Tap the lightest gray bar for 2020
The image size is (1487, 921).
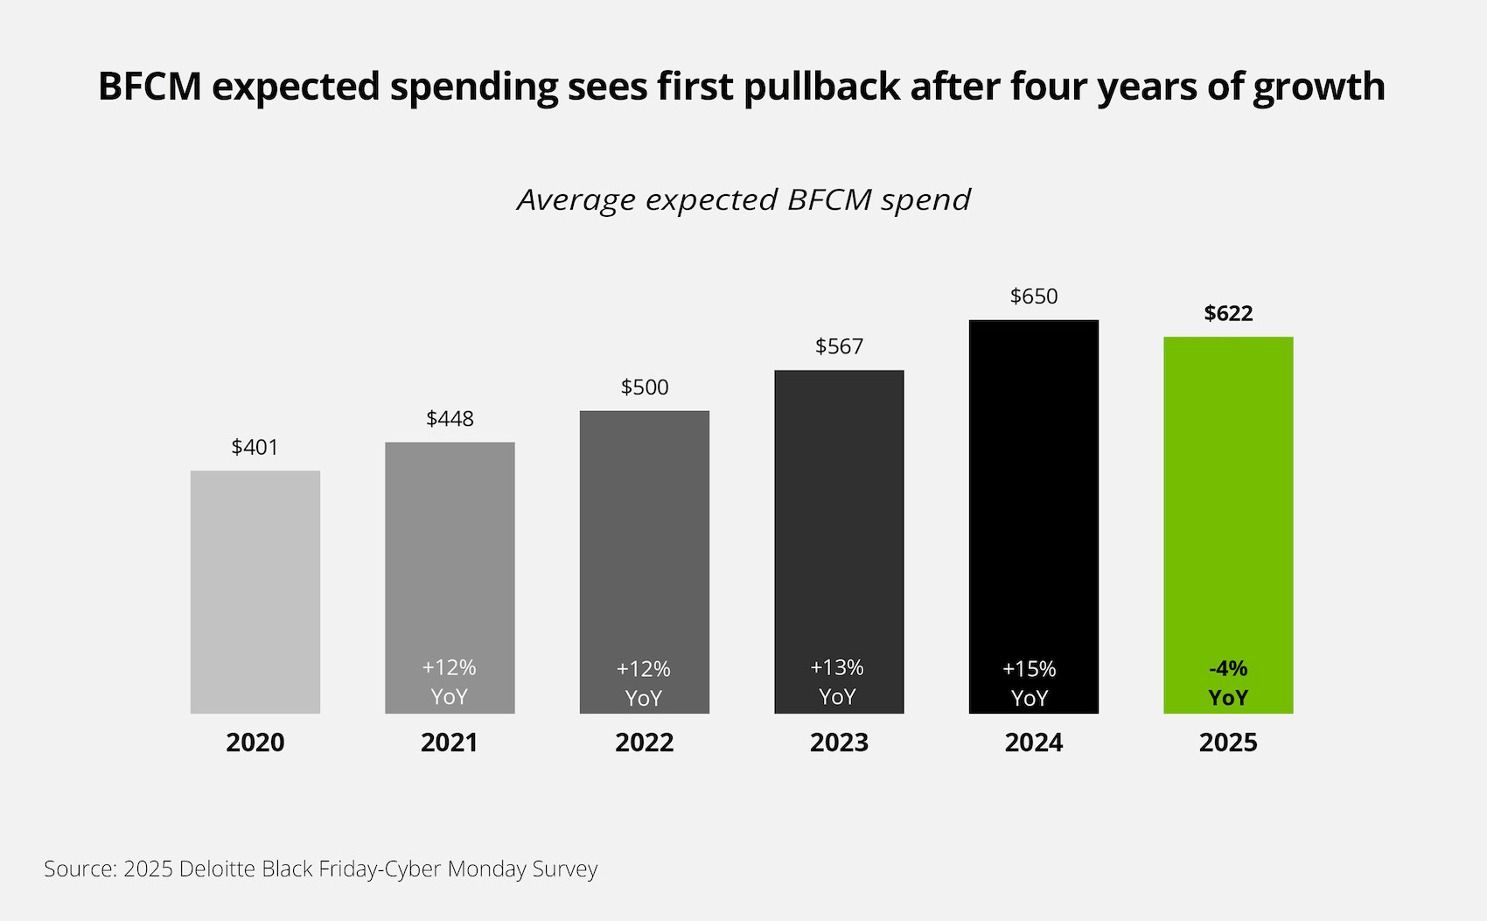tap(255, 591)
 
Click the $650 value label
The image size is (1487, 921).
tap(1034, 297)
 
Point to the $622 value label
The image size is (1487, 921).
tap(1228, 313)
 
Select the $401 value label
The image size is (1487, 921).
tap(255, 447)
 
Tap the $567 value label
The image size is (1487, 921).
tap(839, 346)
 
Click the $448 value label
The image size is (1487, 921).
tap(450, 419)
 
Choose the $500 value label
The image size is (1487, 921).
tap(645, 387)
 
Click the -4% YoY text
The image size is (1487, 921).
tap(1228, 683)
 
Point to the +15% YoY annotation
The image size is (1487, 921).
tap(1030, 683)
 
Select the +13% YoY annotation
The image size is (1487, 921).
tap(837, 682)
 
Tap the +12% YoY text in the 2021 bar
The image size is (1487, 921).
tap(450, 682)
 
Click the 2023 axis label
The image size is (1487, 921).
tap(839, 743)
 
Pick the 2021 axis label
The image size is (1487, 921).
tap(449, 743)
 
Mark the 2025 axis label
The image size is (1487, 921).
tap(1228, 743)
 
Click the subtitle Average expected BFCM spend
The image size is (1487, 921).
tap(743, 200)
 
